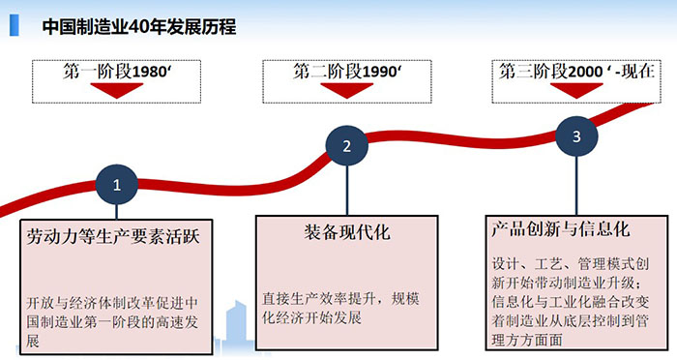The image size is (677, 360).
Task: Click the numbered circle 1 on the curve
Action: (x=117, y=184)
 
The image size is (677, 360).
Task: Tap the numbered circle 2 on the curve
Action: (x=346, y=147)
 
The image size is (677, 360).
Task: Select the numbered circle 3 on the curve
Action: (x=576, y=136)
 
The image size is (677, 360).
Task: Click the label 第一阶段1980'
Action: (x=119, y=72)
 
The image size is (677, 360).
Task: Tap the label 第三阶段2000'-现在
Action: (x=576, y=72)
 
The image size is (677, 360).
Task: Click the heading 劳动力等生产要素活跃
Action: (x=113, y=235)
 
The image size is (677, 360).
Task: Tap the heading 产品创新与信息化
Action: (x=560, y=230)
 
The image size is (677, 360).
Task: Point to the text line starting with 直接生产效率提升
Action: (x=345, y=299)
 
